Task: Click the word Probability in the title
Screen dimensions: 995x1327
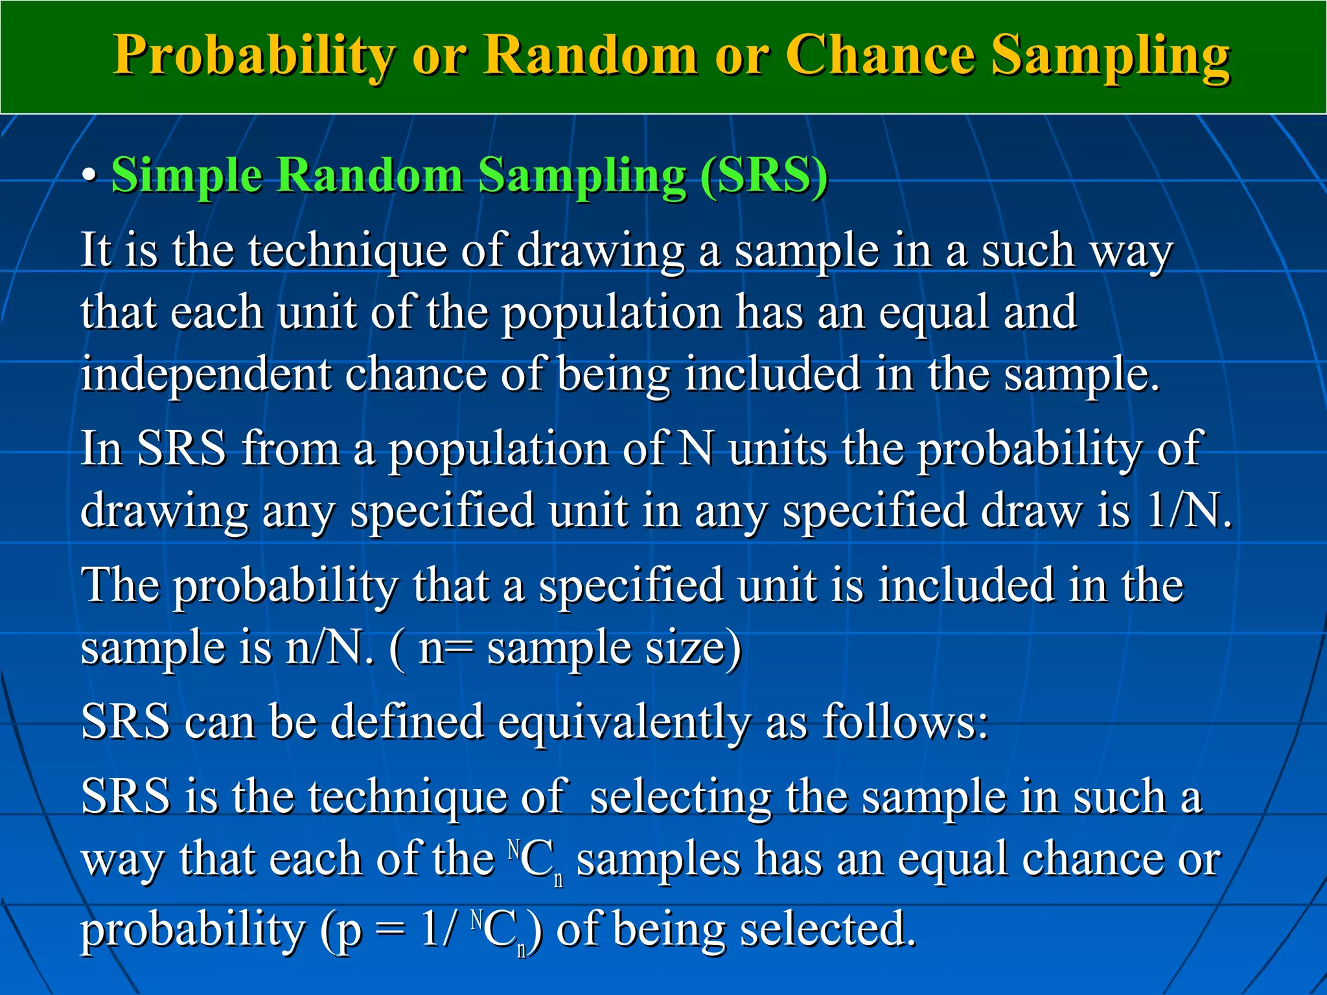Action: [x=253, y=57]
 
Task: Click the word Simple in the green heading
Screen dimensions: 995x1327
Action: [x=187, y=177]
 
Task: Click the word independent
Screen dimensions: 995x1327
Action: [x=205, y=376]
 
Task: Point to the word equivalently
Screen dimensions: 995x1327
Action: [x=623, y=723]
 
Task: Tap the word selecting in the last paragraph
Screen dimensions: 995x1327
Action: [x=680, y=797]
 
